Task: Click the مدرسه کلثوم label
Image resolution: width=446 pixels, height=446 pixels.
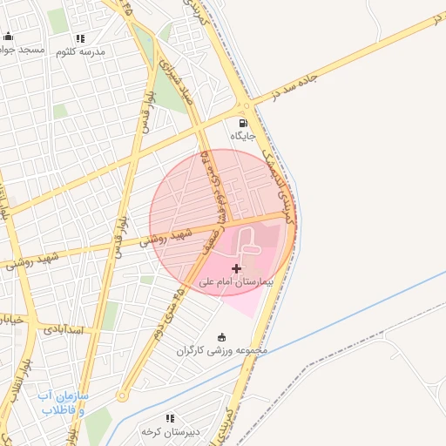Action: pyautogui.click(x=80, y=52)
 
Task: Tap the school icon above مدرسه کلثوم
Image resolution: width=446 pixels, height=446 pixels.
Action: pyautogui.click(x=81, y=38)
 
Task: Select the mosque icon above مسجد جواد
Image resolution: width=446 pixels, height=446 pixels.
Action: pyautogui.click(x=9, y=37)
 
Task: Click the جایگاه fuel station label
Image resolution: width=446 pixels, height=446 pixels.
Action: pyautogui.click(x=242, y=136)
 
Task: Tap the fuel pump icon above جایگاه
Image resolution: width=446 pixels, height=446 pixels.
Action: pyautogui.click(x=242, y=123)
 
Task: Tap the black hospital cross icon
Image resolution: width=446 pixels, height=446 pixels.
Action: pyautogui.click(x=236, y=268)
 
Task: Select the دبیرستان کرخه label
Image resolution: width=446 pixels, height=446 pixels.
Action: pyautogui.click(x=171, y=432)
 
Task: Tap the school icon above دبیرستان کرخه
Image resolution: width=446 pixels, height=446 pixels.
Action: pyautogui.click(x=170, y=419)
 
